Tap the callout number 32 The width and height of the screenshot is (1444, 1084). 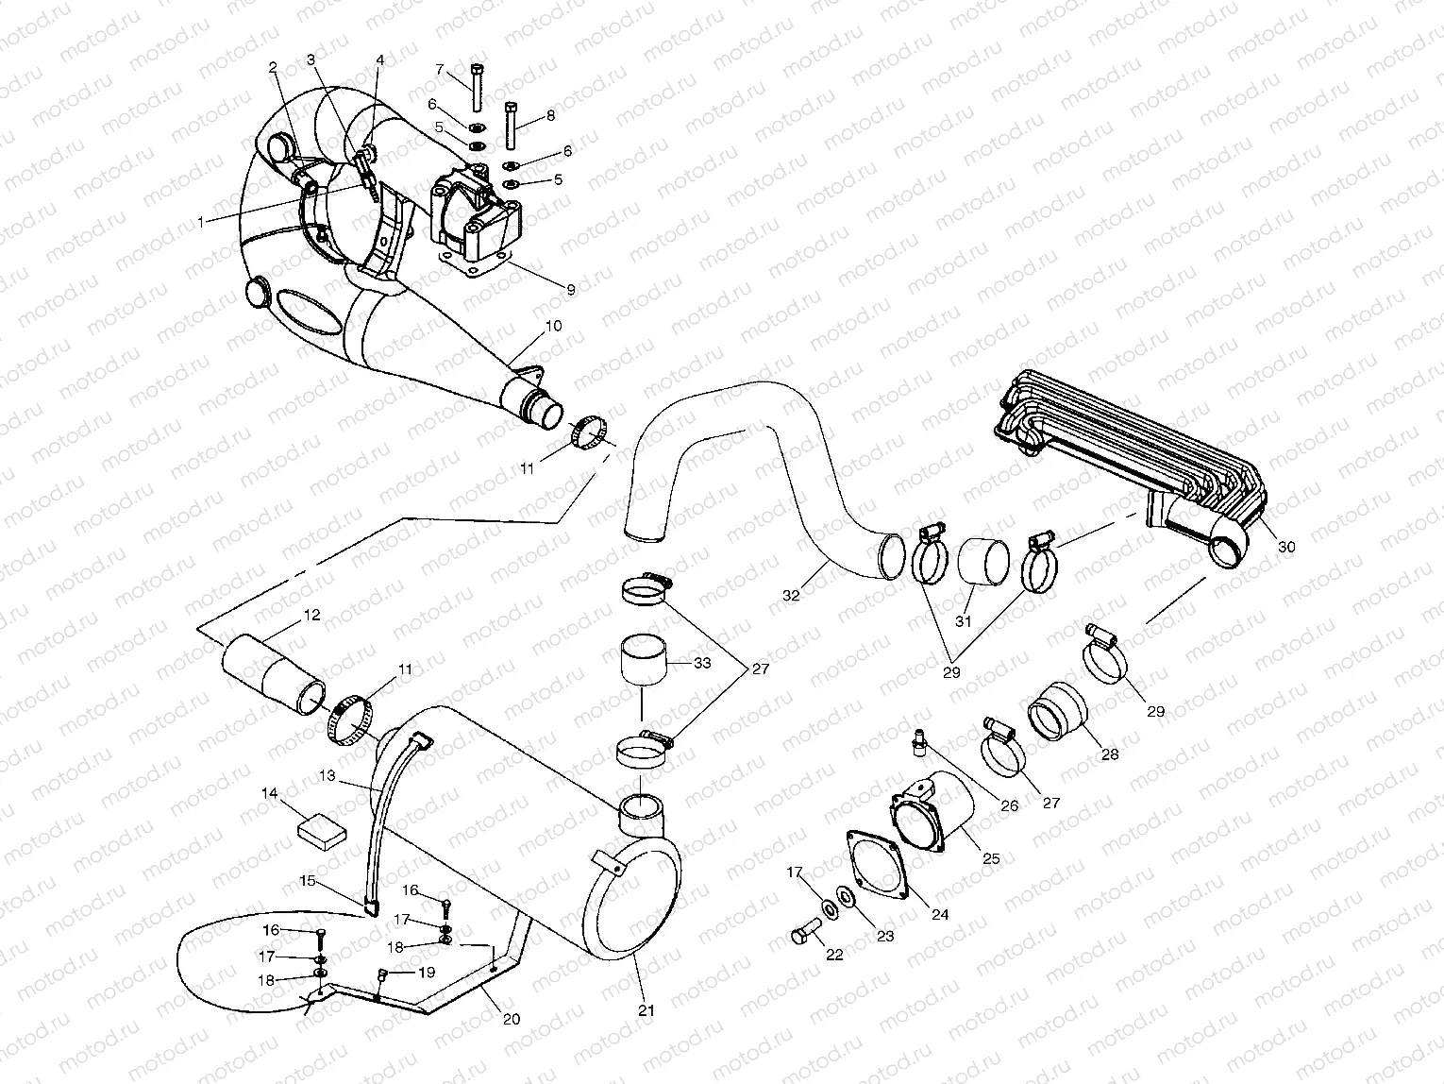pos(790,595)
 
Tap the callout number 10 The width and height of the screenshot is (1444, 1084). pos(553,326)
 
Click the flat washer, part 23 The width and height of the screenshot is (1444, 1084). pos(846,895)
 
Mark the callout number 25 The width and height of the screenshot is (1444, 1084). pos(990,859)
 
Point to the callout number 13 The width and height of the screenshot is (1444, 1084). pos(327,775)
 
